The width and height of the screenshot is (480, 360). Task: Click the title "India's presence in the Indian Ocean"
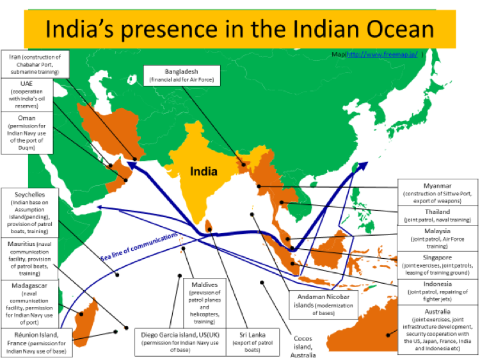[240, 29]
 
